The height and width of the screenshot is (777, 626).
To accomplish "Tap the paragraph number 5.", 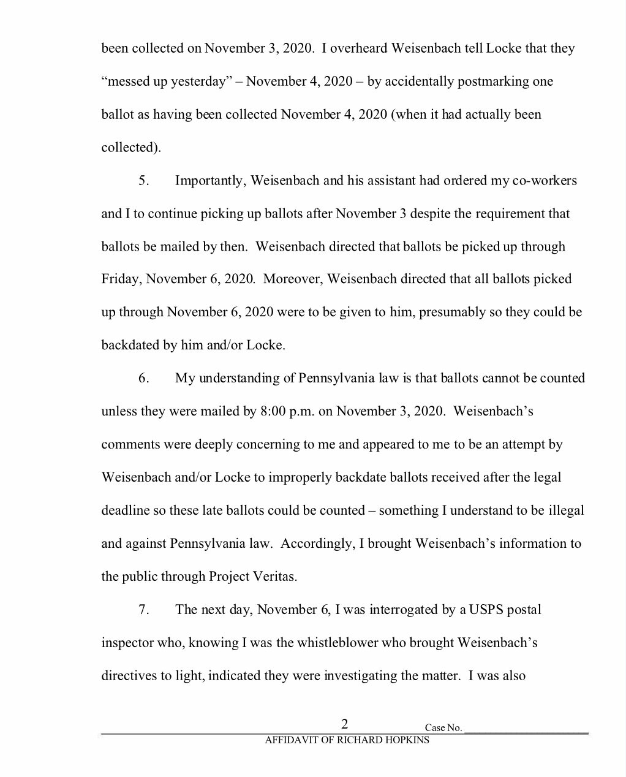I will [143, 181].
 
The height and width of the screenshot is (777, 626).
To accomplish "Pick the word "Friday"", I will [121, 279].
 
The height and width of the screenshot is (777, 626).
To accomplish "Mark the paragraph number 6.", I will [143, 378].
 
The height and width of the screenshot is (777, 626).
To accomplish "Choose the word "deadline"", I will [125, 510].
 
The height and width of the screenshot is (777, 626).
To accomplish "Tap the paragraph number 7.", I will [143, 610].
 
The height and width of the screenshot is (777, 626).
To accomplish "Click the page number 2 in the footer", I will [345, 724].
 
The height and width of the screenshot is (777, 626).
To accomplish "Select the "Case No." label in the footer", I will [443, 728].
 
